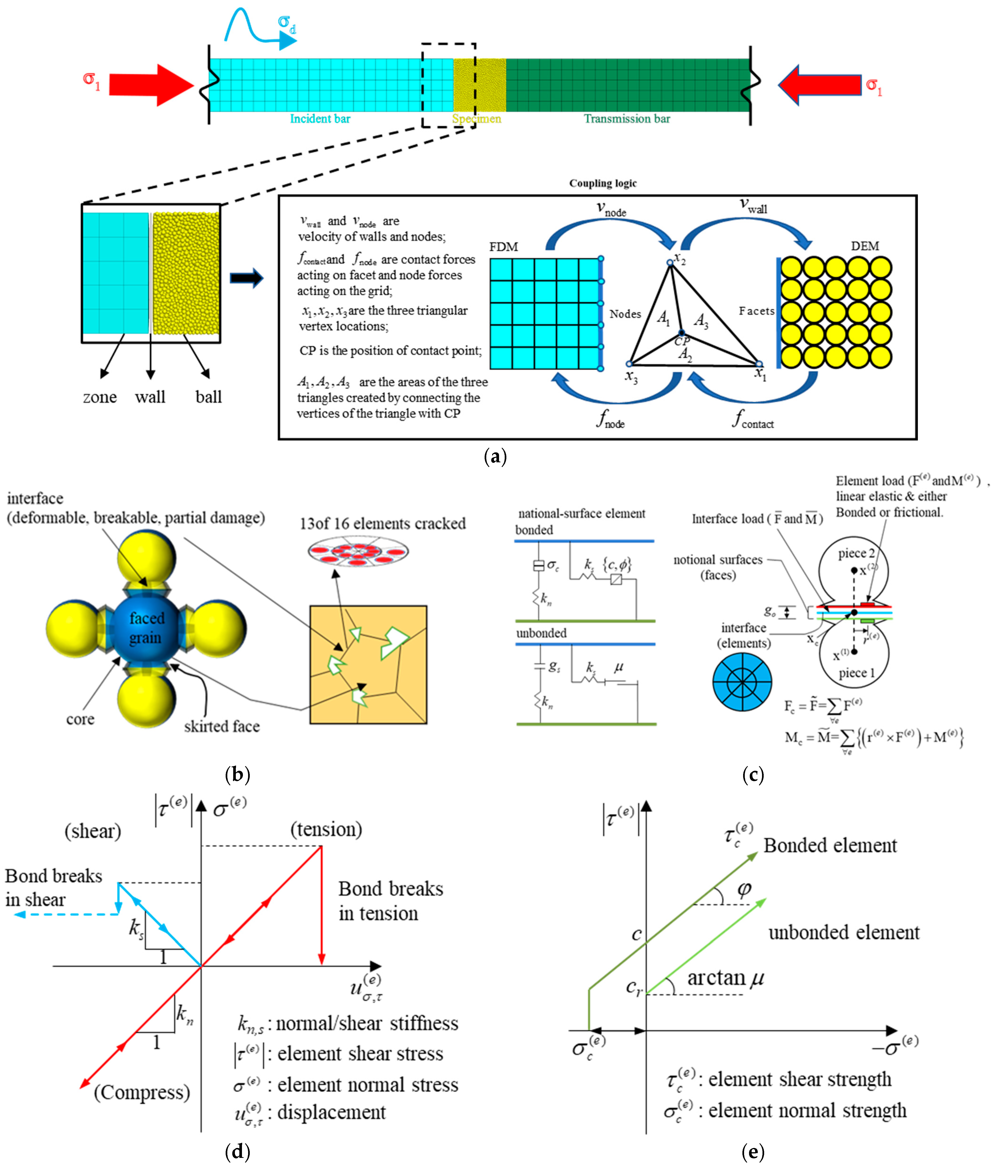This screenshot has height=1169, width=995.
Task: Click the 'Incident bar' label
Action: [x=320, y=118]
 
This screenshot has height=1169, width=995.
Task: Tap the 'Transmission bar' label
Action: [x=627, y=118]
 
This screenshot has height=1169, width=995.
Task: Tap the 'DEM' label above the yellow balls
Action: [x=865, y=246]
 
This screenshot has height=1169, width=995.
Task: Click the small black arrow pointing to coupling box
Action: [x=246, y=277]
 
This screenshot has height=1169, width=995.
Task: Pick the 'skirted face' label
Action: [x=222, y=726]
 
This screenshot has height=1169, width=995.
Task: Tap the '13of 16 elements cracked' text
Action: [x=383, y=524]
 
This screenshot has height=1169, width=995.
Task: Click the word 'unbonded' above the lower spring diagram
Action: [x=541, y=633]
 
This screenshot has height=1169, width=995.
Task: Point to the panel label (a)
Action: [x=495, y=456]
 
